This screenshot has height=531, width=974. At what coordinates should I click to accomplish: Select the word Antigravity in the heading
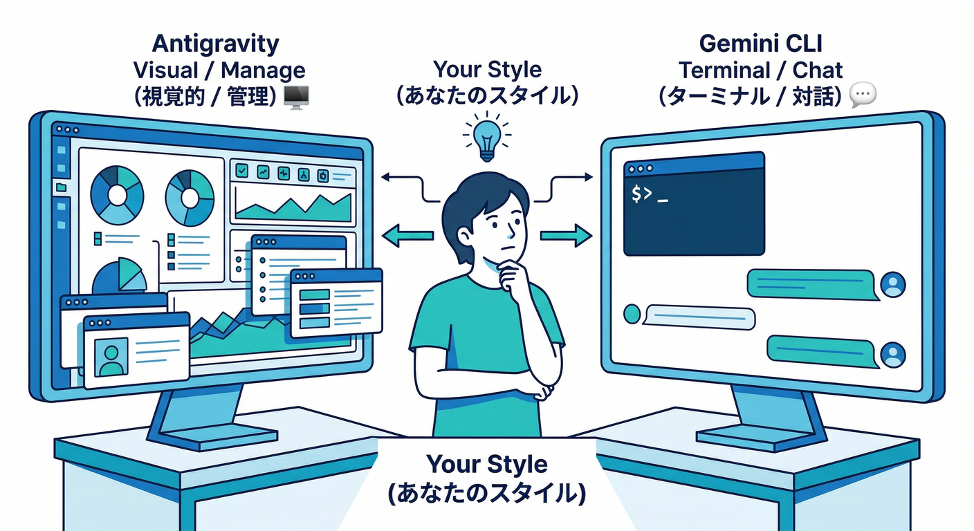pyautogui.click(x=215, y=44)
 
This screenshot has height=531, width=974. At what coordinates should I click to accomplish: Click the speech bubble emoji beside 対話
pyautogui.click(x=862, y=95)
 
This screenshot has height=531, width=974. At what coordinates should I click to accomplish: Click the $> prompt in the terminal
pyautogui.click(x=643, y=195)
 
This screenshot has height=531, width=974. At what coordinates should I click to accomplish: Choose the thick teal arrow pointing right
pyautogui.click(x=566, y=236)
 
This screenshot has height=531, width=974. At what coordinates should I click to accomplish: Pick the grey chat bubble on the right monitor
pyautogui.click(x=699, y=317)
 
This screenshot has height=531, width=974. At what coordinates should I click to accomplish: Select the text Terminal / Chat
pyautogui.click(x=760, y=71)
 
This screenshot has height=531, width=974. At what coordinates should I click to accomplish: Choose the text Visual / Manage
pyautogui.click(x=218, y=71)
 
